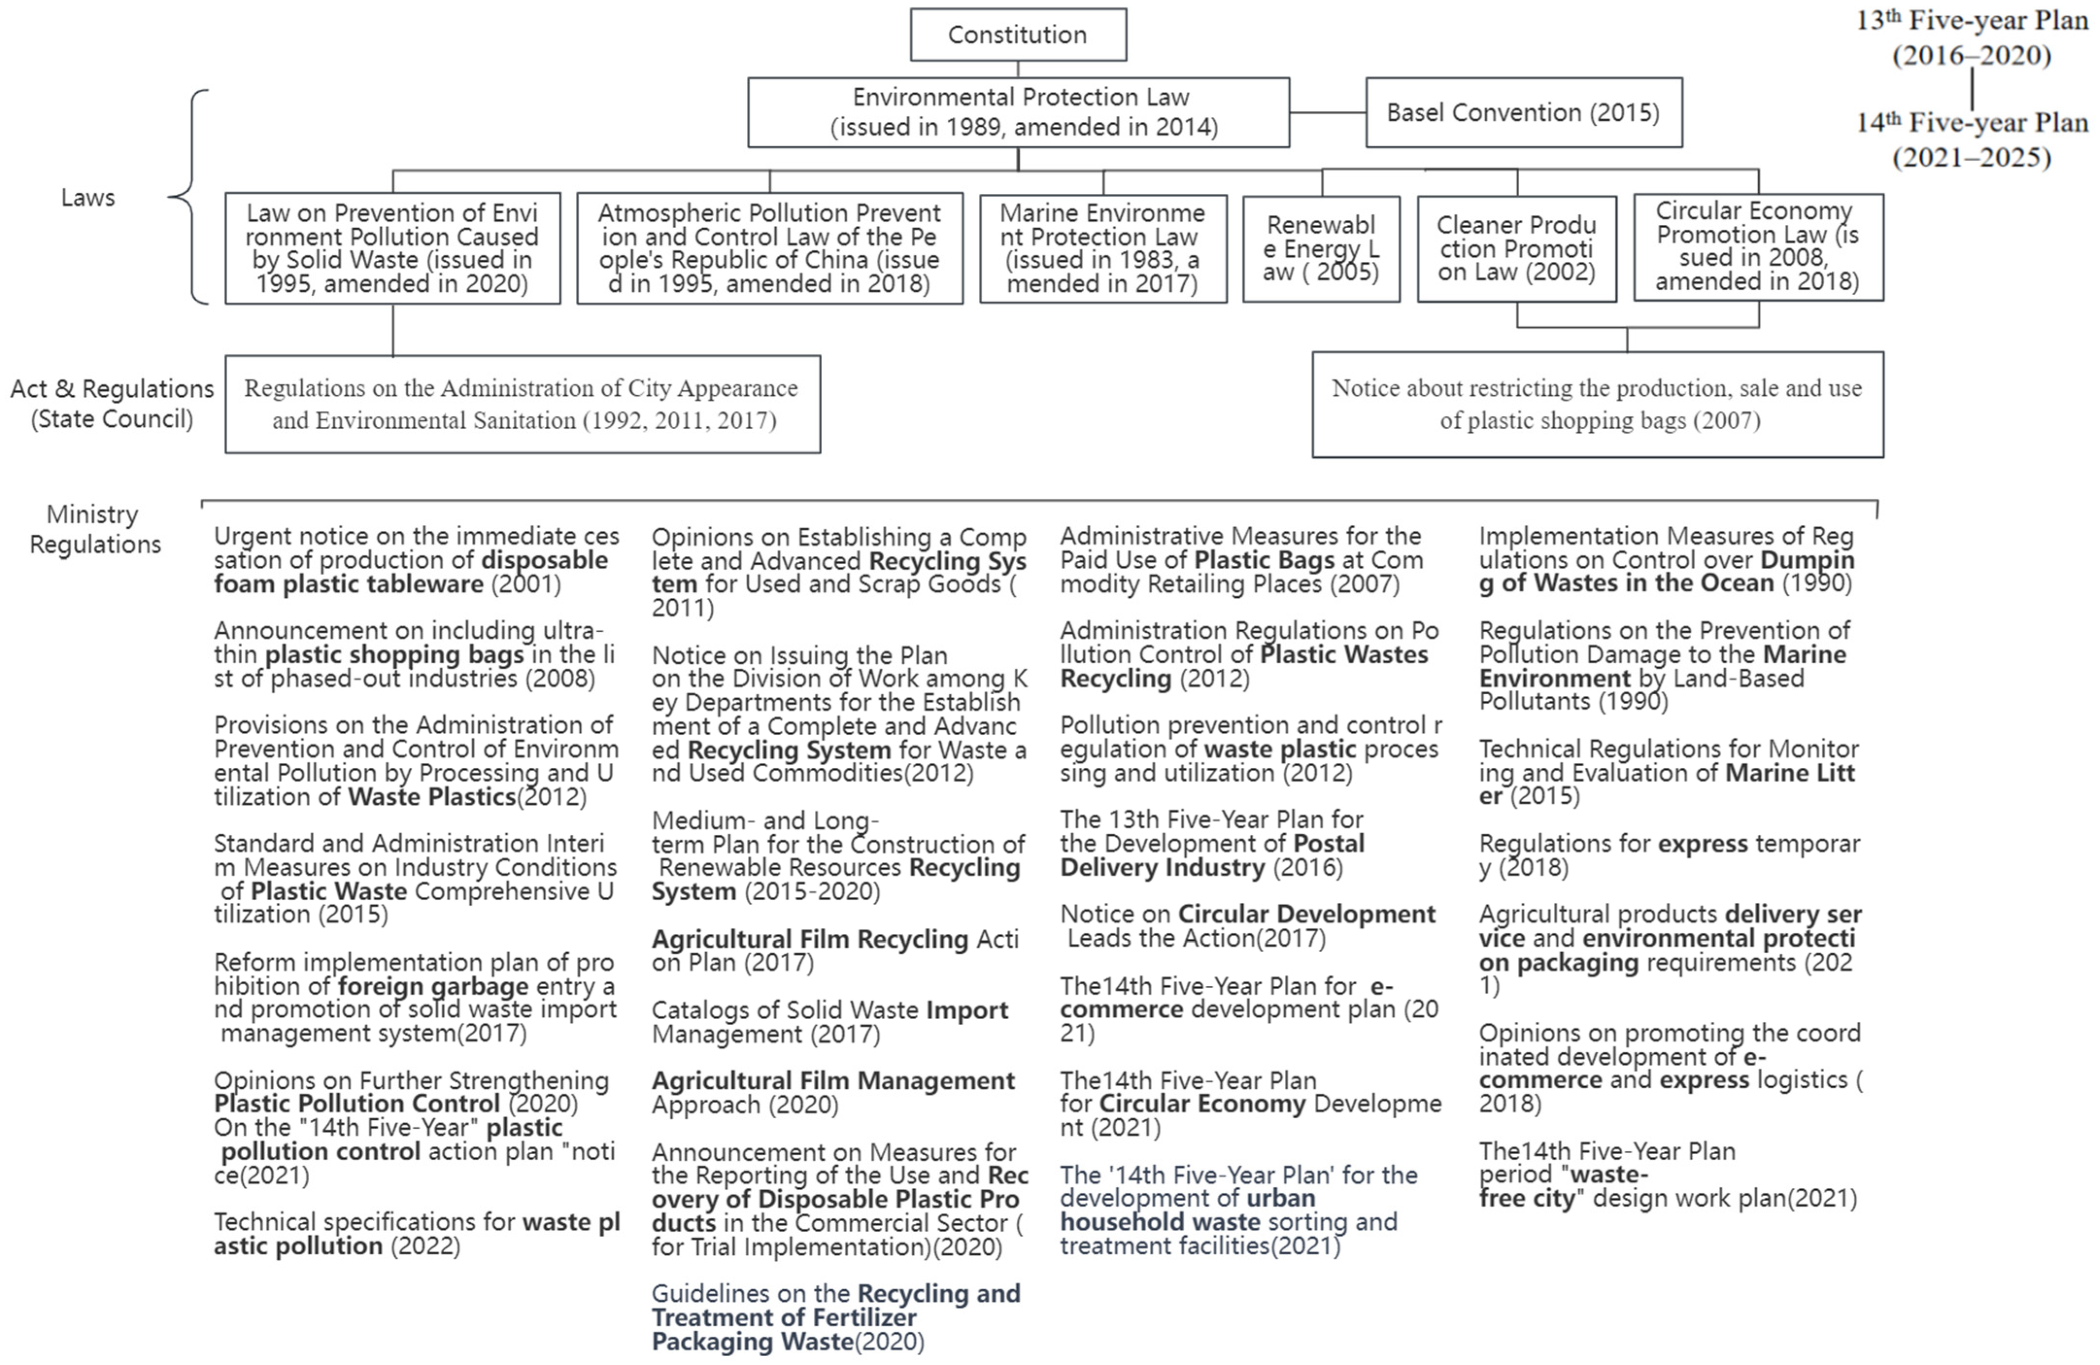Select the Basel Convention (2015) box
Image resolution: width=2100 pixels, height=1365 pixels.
[x=1523, y=112]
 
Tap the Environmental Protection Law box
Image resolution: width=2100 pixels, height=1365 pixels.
[x=1018, y=112]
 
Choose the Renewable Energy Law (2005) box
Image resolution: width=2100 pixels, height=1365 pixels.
[x=1321, y=249]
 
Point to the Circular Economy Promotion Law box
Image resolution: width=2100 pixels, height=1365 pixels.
[x=1758, y=247]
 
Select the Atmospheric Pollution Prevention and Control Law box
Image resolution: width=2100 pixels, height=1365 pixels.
[x=770, y=249]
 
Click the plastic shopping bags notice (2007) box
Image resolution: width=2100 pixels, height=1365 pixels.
[x=1597, y=404]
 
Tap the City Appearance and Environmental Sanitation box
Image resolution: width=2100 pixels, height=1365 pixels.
[x=522, y=404]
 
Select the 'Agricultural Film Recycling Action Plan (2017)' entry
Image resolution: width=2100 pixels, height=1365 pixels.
[x=834, y=950]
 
